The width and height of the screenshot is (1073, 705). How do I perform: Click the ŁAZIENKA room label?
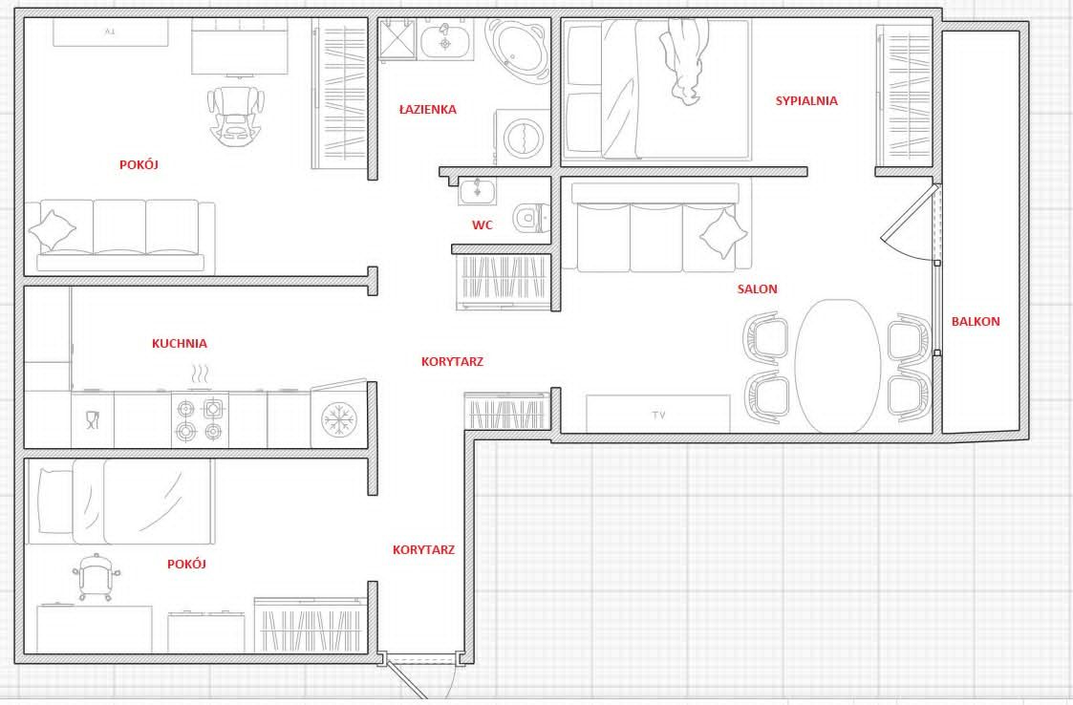[x=428, y=109]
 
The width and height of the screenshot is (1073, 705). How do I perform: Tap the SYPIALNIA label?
[x=806, y=100]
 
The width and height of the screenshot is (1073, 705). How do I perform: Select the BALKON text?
[x=976, y=321]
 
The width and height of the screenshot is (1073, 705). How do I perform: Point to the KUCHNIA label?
[x=180, y=344]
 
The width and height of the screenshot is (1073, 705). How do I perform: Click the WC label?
[x=483, y=225]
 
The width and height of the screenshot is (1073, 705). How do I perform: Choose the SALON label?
[x=757, y=288]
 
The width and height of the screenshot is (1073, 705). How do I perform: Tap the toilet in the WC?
[x=531, y=218]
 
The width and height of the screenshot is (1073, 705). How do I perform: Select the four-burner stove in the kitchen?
[x=199, y=419]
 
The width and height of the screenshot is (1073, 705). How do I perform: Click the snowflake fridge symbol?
[x=339, y=419]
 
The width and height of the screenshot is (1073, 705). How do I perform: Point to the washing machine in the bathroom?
[x=523, y=137]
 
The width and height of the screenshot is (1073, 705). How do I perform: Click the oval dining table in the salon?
[x=838, y=366]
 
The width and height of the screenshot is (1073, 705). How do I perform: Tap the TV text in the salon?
[x=658, y=415]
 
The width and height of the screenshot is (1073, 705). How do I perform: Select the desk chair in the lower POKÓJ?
[x=96, y=576]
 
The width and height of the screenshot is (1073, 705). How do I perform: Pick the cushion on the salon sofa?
[x=723, y=233]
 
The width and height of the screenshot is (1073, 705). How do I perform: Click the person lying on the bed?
[x=684, y=61]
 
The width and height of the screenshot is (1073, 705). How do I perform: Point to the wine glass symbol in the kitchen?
[x=93, y=419]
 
